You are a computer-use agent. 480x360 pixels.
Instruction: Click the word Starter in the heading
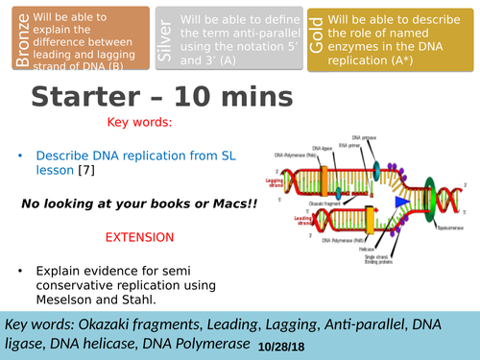91,97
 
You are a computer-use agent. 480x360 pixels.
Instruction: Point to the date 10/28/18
280,344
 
